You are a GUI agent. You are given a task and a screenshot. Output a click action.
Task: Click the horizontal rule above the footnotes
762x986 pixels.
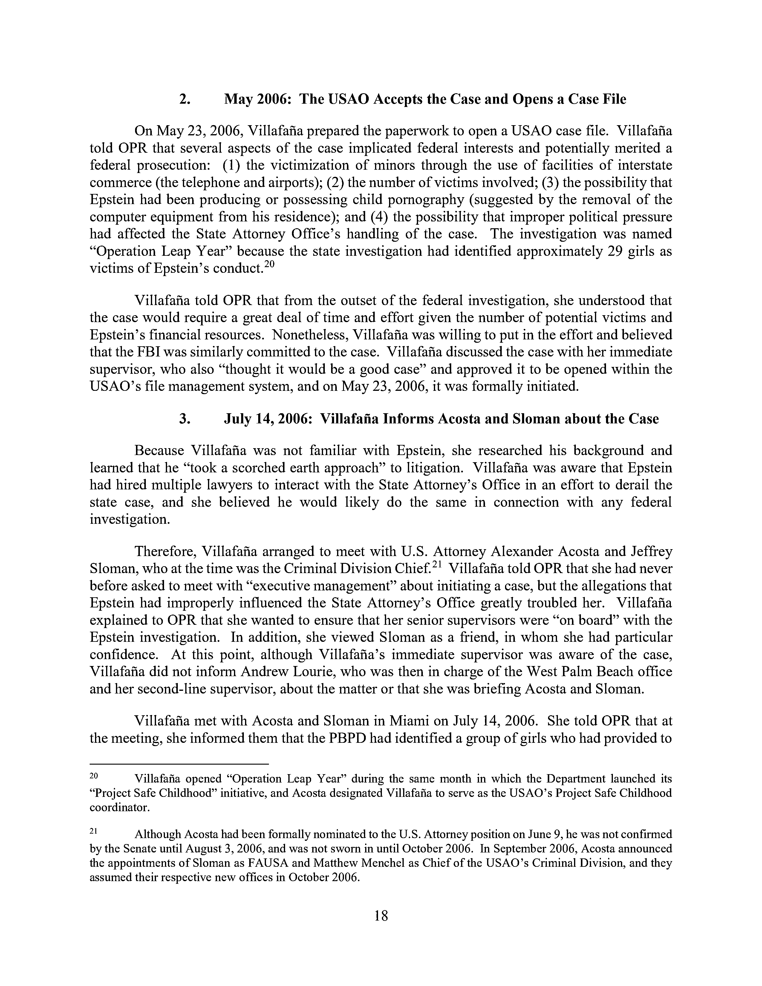click(179, 764)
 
